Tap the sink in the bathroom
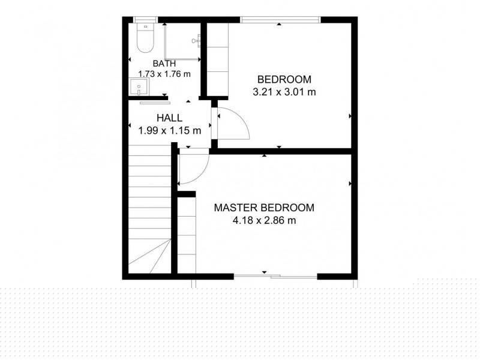coord(139,86)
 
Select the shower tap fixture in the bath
coord(196,40)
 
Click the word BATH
coord(164,64)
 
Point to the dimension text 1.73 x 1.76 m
coord(164,74)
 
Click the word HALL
coord(169,118)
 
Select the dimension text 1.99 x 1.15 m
coord(170,131)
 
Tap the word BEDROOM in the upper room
coord(284,79)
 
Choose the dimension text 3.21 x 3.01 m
coord(284,92)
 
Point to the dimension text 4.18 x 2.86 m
coord(264,220)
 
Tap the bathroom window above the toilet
coord(145,20)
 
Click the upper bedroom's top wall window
coord(280,20)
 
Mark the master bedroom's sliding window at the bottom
coord(275,277)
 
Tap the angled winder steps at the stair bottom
coord(149,256)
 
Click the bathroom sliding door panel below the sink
coord(155,103)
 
